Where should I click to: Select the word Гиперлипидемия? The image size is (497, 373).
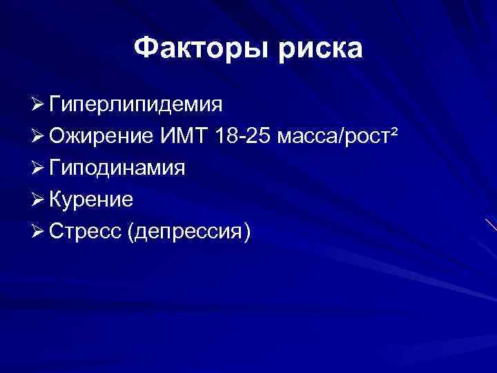135,105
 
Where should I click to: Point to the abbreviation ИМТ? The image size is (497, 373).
188,135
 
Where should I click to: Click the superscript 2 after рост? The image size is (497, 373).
394,131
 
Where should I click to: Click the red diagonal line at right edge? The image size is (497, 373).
490,224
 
